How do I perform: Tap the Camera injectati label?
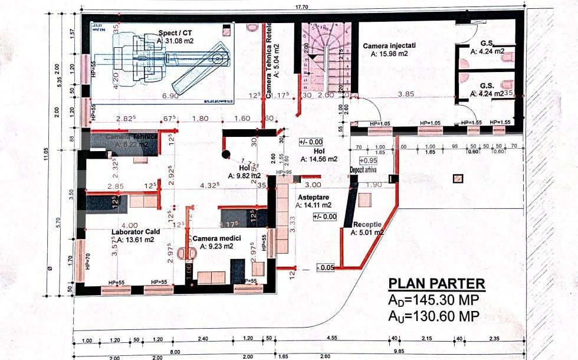[x=389, y=45]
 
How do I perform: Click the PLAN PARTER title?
[x=436, y=284]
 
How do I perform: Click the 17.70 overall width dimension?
[x=302, y=6]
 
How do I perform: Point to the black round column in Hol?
[x=225, y=155]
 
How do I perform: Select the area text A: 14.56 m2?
[x=318, y=159]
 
